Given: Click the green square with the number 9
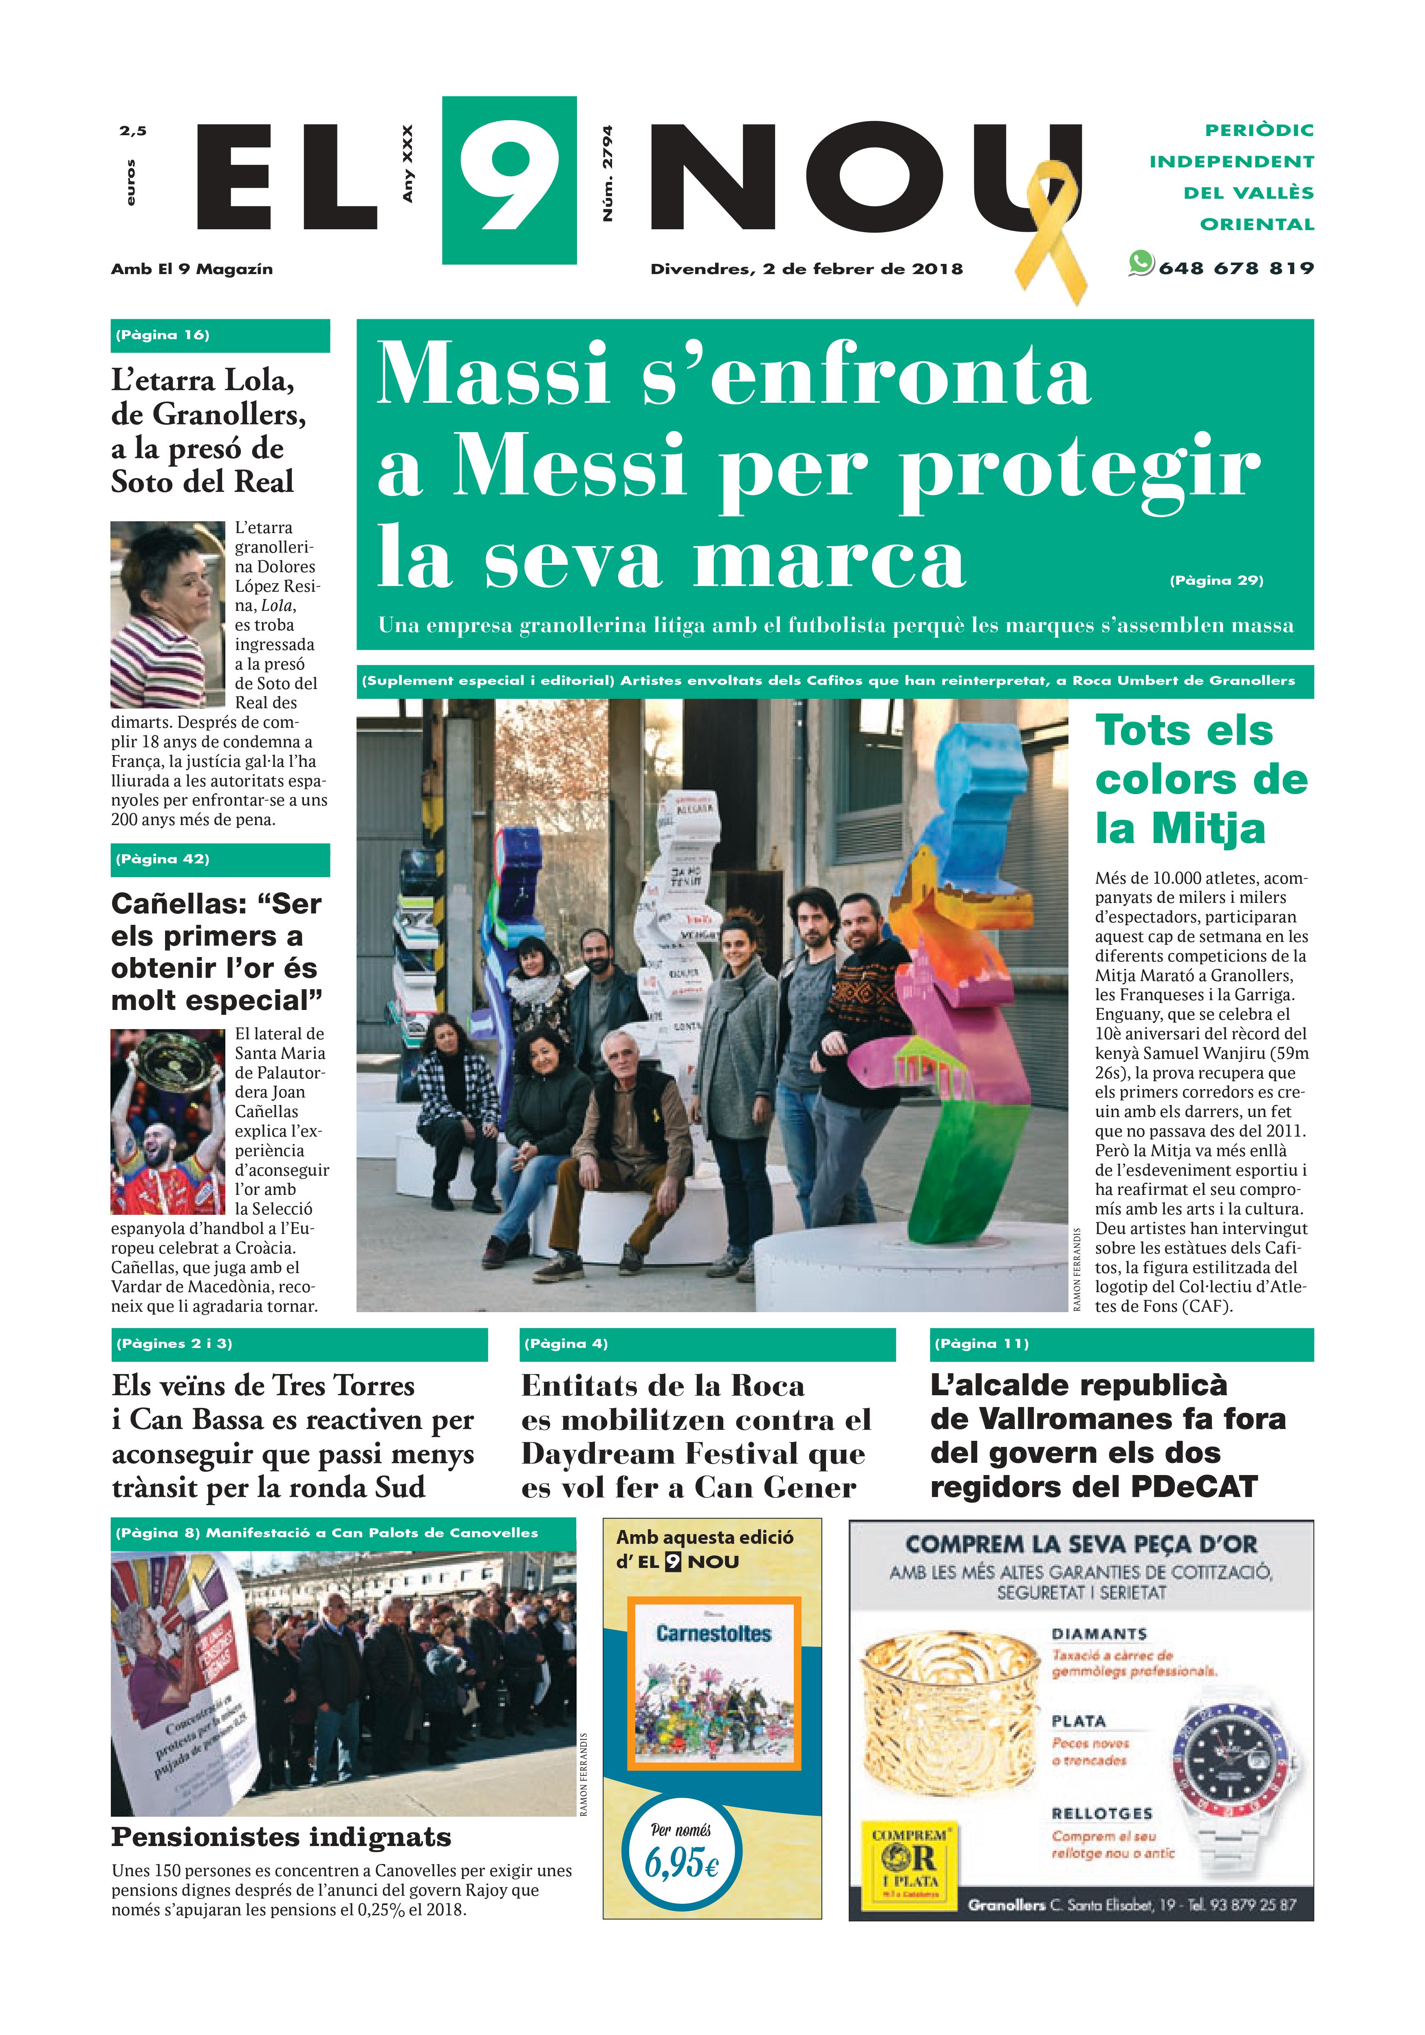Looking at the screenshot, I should [509, 180].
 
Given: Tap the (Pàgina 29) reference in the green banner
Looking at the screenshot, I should [1216, 581].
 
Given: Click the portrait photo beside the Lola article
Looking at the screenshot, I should [167, 613].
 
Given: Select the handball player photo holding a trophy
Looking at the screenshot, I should [167, 1121].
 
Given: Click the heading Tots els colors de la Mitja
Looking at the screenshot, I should [1200, 779].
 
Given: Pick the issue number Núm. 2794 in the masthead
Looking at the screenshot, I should [608, 174].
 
